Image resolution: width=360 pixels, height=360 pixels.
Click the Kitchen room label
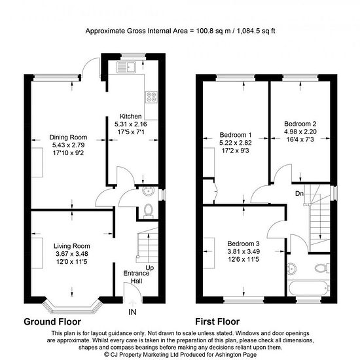(x=131, y=116)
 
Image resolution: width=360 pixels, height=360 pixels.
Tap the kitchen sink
(x=126, y=67)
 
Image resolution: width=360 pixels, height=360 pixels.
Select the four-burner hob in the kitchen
(x=152, y=97)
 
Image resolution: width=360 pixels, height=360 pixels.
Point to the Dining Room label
(x=68, y=137)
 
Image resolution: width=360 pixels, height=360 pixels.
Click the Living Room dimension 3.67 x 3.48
(x=72, y=254)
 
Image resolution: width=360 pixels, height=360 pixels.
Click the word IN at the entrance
(x=132, y=312)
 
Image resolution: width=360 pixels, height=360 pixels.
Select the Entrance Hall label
(x=136, y=277)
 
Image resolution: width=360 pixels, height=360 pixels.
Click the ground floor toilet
(x=149, y=211)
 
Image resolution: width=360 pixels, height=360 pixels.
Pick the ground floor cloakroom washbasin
(x=148, y=191)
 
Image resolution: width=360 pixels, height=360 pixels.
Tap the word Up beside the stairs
(x=150, y=268)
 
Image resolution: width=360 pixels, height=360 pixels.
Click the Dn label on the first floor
(x=299, y=194)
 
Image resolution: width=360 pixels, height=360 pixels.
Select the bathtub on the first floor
(x=308, y=289)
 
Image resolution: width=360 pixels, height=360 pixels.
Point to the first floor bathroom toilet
(x=322, y=268)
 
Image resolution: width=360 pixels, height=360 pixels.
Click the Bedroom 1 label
(x=236, y=135)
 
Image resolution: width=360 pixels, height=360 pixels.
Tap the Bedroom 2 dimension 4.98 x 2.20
(x=300, y=132)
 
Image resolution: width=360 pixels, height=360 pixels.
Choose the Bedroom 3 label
(x=243, y=243)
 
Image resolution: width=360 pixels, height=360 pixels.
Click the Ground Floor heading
(x=52, y=321)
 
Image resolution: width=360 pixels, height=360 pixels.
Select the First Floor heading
(x=217, y=321)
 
